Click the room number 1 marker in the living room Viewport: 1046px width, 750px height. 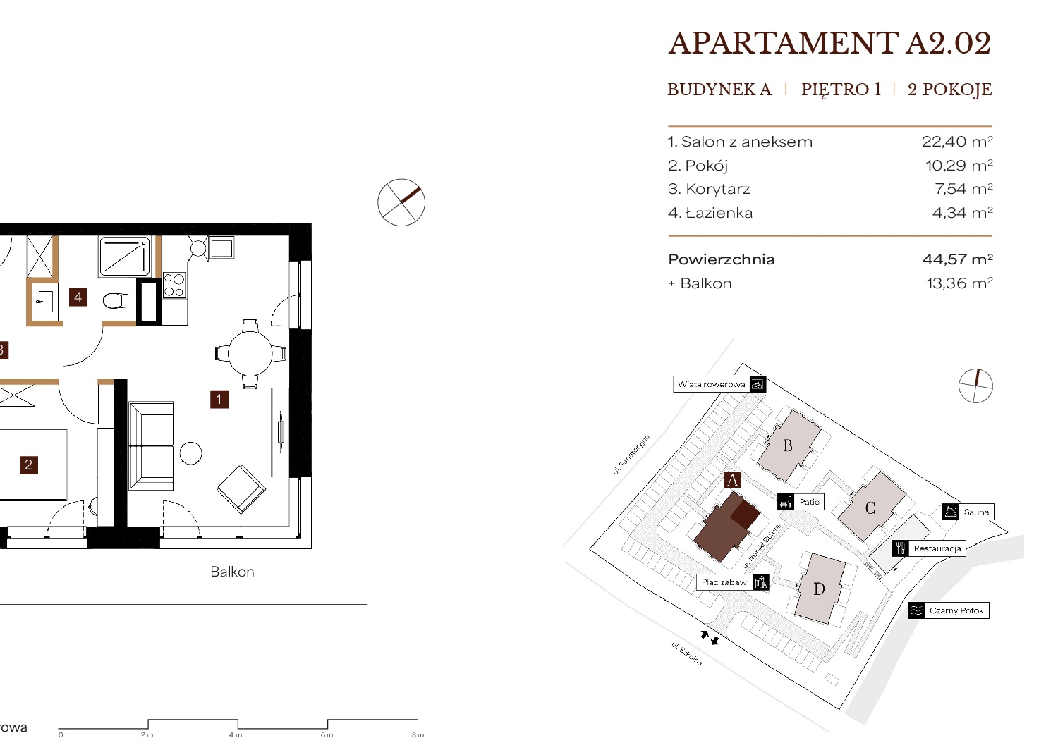pos(219,400)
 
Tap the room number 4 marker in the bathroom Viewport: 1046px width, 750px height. pos(78,297)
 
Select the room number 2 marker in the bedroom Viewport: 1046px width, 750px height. pos(28,465)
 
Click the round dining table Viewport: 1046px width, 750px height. pos(250,353)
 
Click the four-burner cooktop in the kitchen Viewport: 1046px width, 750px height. pos(174,285)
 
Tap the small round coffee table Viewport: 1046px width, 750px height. pos(190,453)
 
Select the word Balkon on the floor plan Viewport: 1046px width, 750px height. pos(232,572)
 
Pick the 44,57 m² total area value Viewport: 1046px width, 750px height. pos(957,259)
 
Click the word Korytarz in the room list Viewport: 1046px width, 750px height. pos(718,189)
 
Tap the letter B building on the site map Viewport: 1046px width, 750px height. pos(788,445)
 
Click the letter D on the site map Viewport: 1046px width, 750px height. pos(819,589)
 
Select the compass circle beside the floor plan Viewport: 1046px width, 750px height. pos(401,202)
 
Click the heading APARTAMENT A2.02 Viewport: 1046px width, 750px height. pos(829,43)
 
